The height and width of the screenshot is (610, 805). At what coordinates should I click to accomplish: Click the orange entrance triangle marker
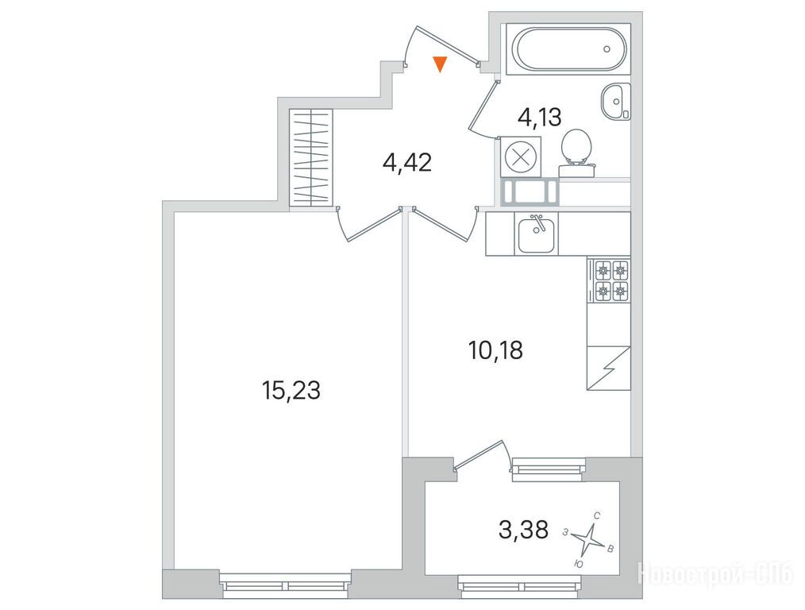[440, 64]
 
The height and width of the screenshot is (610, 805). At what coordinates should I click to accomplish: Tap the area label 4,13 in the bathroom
[540, 118]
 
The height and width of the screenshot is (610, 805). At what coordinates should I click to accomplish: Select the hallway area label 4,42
[407, 163]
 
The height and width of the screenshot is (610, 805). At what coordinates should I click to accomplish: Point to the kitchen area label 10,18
[495, 350]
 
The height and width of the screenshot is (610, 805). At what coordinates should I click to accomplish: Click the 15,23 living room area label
[291, 390]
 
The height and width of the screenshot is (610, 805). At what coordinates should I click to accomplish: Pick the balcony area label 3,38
[523, 530]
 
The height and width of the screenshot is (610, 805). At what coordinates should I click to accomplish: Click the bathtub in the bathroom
[572, 48]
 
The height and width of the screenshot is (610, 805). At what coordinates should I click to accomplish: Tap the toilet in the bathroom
[576, 152]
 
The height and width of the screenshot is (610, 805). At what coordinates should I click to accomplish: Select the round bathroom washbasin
[615, 102]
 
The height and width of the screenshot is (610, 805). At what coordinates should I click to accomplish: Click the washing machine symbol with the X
[519, 156]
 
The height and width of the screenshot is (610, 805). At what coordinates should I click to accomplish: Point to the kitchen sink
[536, 234]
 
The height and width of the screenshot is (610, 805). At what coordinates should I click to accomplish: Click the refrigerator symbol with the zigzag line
[609, 368]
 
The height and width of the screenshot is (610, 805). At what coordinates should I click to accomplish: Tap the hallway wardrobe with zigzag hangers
[311, 157]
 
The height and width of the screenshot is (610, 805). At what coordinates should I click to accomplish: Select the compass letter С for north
[596, 515]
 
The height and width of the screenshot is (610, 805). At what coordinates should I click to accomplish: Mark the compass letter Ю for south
[579, 564]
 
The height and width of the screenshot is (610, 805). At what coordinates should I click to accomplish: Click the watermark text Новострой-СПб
[716, 573]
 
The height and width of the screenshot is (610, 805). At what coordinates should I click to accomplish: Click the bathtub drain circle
[607, 49]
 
